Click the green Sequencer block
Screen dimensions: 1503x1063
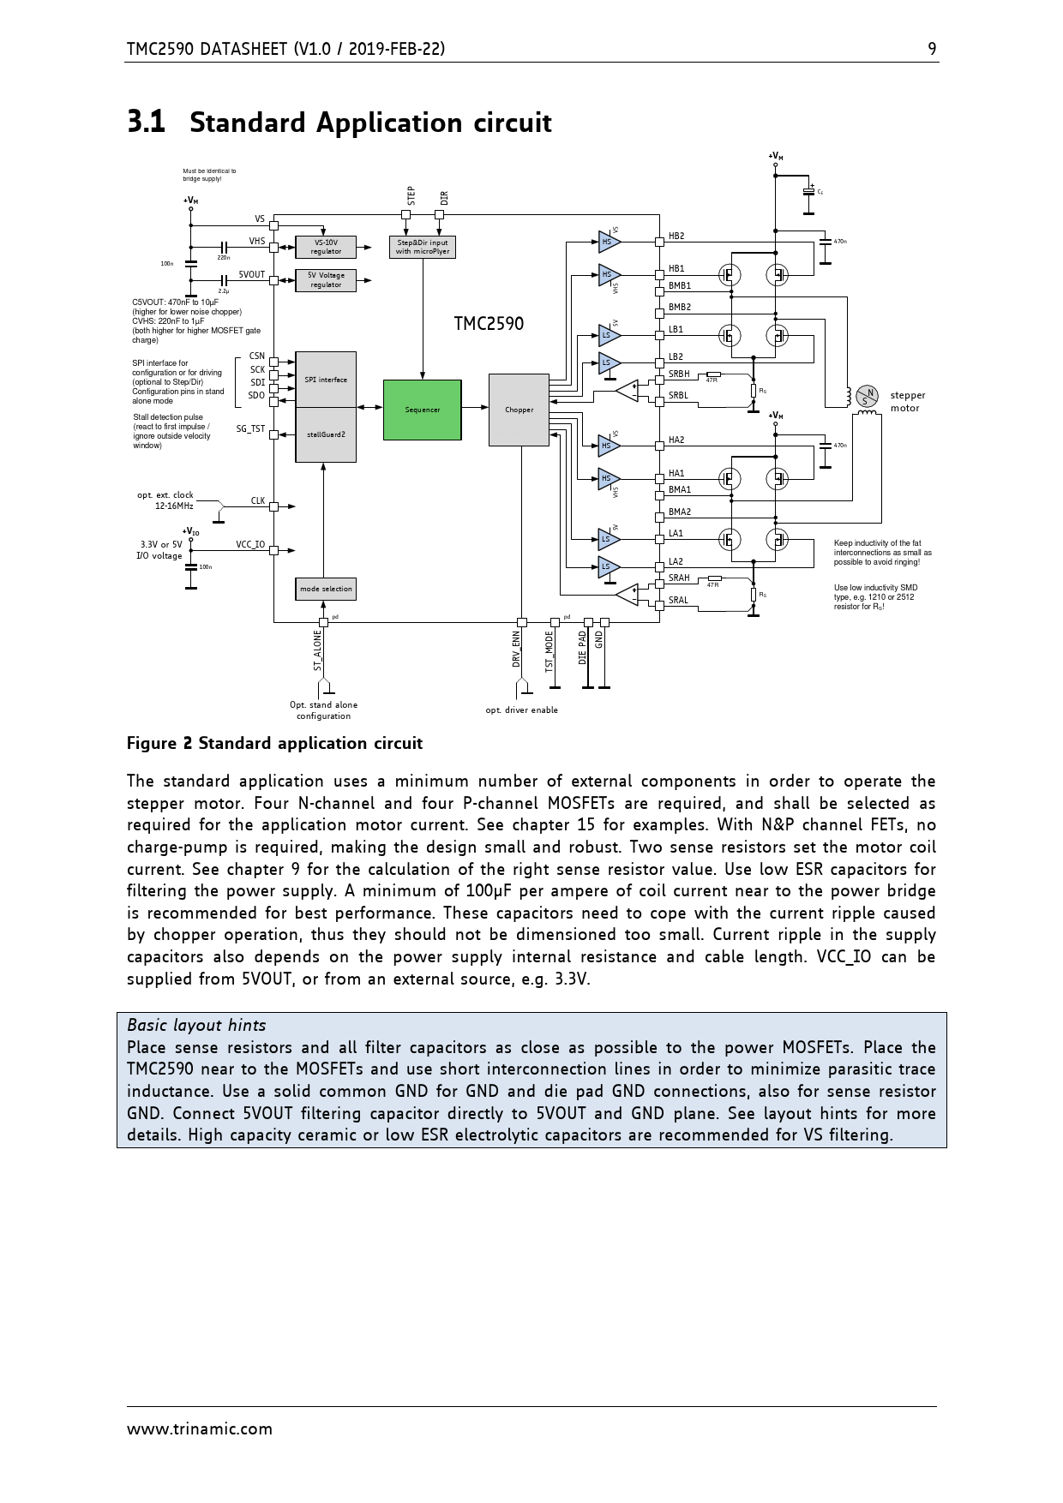pos(422,410)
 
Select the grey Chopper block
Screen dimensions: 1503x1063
pos(519,410)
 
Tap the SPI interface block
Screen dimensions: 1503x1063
pos(326,379)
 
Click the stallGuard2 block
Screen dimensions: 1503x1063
pos(326,434)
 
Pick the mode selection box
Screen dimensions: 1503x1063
pos(325,589)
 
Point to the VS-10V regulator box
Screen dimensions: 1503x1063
pos(326,247)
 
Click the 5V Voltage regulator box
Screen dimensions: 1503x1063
pos(326,280)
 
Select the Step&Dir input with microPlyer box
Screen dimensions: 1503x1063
pos(422,247)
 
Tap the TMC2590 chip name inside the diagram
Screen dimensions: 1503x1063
pos(488,324)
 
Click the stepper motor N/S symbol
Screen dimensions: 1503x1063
pos(869,396)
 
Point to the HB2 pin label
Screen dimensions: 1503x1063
pos(676,236)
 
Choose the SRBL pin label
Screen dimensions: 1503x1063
pos(678,396)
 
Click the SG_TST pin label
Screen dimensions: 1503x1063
pos(250,428)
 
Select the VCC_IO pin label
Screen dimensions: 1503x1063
pos(250,545)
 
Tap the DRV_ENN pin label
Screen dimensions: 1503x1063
pos(516,650)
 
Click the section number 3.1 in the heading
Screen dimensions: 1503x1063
pos(146,123)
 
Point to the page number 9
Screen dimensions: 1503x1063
pos(932,49)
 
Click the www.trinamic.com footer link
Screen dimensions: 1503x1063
pos(200,1428)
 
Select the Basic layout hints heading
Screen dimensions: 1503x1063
pos(196,1025)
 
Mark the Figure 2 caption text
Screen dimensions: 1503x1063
pos(274,743)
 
